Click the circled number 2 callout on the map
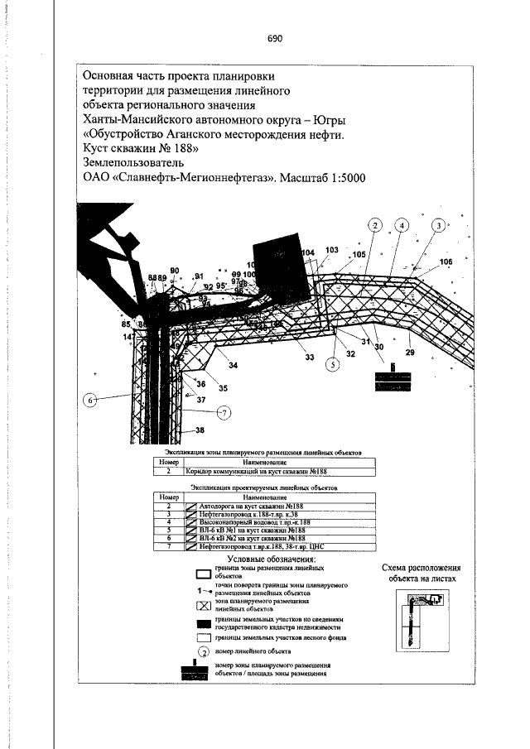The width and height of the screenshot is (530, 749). tap(375, 225)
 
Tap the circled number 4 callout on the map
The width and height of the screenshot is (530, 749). tap(402, 225)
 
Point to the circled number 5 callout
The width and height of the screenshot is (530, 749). tap(334, 362)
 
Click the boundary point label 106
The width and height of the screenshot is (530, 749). tap(446, 262)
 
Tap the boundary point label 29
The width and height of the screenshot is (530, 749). tap(410, 353)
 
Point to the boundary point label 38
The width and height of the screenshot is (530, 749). tap(200, 430)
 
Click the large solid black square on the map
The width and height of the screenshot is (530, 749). tap(277, 263)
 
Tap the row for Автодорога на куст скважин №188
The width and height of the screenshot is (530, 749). tap(248, 503)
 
